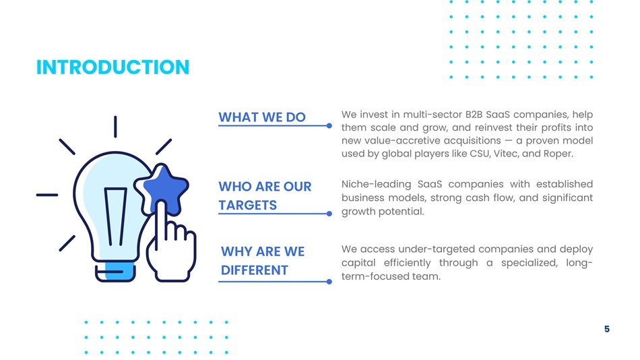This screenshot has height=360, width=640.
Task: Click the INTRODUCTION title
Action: click(113, 67)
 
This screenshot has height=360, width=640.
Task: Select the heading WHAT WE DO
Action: click(262, 117)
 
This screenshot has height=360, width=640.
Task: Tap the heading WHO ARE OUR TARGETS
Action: click(265, 196)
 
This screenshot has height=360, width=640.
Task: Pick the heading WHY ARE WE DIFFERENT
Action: click(263, 261)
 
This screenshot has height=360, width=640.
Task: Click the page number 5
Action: click(607, 329)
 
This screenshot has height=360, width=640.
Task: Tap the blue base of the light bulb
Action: click(121, 270)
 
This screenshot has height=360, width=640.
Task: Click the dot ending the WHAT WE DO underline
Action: click(329, 126)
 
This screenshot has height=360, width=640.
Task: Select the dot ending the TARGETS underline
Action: click(329, 214)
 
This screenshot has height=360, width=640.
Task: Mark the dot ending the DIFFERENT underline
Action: click(329, 282)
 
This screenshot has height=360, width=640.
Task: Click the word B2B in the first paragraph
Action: click(474, 115)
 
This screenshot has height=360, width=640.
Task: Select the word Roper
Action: click(558, 154)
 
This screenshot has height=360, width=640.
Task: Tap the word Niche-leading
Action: click(376, 184)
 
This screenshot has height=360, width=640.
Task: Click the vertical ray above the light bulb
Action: click(115, 127)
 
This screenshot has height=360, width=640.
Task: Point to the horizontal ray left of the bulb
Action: click(47, 195)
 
